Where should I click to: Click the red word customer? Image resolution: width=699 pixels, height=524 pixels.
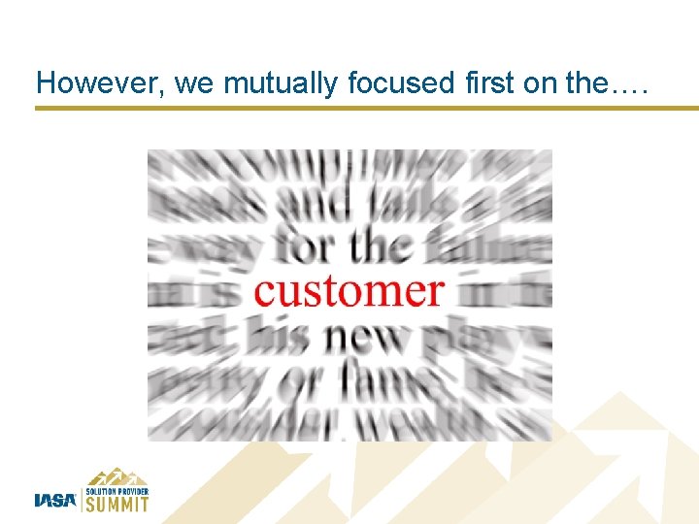tap(349, 291)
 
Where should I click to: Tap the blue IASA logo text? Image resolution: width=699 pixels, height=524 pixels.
tap(55, 501)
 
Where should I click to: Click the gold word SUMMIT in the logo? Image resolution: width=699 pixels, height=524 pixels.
tap(117, 504)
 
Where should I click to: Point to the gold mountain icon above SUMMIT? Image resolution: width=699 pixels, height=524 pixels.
tap(116, 475)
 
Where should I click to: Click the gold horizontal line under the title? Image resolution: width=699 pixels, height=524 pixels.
tap(367, 108)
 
